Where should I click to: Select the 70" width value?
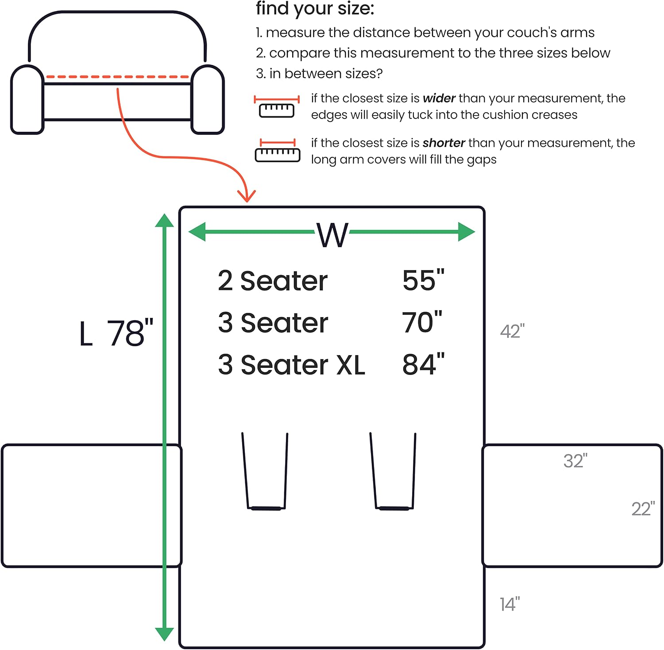(x=422, y=322)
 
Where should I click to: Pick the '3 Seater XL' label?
(x=291, y=365)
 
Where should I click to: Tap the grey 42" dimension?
(x=512, y=331)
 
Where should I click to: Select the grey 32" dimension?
(x=575, y=461)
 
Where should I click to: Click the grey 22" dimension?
(x=643, y=509)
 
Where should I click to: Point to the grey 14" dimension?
(x=510, y=604)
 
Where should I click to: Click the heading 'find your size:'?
(x=315, y=9)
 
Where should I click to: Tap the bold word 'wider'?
(x=439, y=98)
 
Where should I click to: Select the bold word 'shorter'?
(x=444, y=143)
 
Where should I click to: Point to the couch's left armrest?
(x=27, y=99)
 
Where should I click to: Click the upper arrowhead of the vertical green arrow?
(x=164, y=221)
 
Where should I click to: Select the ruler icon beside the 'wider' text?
(x=277, y=106)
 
